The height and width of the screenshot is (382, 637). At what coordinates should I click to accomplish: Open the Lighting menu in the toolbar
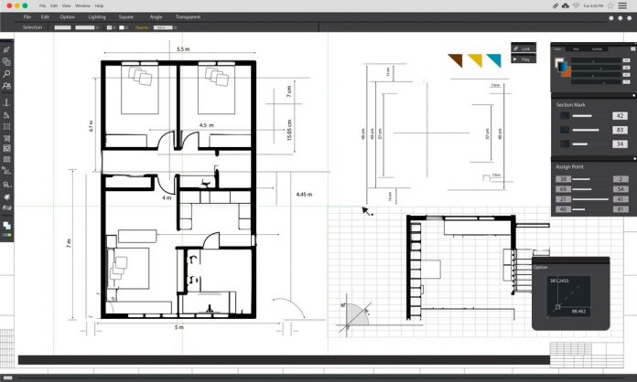tap(96, 16)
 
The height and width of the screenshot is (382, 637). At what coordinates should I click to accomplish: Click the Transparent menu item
tap(188, 16)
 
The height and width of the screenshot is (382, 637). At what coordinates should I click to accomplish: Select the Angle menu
tap(156, 16)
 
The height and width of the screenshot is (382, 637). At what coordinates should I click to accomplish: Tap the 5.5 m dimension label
tap(183, 49)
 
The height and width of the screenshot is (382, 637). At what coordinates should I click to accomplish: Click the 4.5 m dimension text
tap(207, 125)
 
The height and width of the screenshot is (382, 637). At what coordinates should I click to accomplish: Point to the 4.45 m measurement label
tap(305, 194)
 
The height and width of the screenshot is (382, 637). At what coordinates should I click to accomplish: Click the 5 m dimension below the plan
tap(179, 326)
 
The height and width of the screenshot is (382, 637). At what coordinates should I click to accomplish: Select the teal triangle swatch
tap(494, 60)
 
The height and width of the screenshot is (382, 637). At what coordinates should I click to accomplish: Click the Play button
tap(524, 58)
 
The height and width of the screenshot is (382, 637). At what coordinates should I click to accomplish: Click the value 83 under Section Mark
tap(620, 130)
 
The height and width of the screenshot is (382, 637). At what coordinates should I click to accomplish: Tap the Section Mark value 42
tap(620, 116)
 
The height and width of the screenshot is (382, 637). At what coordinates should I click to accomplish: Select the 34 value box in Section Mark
tap(620, 143)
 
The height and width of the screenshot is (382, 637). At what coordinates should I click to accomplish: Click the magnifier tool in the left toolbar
tap(6, 73)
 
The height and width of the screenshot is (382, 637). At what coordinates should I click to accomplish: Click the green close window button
tap(24, 5)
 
